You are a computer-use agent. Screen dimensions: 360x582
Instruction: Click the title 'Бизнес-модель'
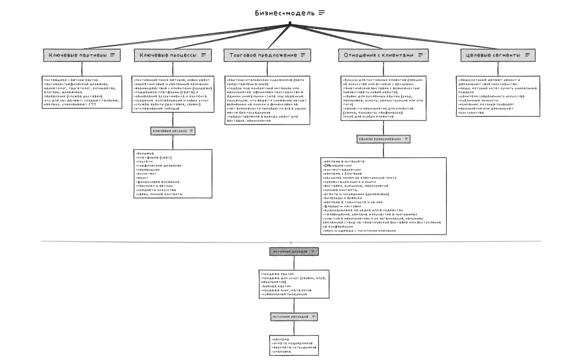pos(284,13)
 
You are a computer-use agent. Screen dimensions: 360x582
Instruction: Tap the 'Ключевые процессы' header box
pos(172,55)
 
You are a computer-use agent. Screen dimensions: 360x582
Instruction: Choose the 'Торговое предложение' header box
pos(267,55)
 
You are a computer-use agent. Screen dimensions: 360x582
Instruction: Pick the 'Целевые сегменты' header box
pos(498,55)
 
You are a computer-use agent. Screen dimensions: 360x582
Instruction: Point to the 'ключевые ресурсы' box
pos(173,131)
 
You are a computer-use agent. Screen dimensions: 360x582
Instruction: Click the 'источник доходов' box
pos(294,251)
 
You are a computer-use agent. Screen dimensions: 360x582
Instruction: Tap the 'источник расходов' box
pos(294,317)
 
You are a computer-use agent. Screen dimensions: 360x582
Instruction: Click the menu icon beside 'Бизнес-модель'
pos(321,13)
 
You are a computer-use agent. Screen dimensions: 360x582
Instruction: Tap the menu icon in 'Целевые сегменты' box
pos(527,55)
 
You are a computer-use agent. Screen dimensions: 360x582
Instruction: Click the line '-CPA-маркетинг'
pos(338,165)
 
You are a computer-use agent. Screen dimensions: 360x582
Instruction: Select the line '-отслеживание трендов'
pos(158,109)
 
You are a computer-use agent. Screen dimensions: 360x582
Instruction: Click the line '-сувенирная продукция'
pos(283,295)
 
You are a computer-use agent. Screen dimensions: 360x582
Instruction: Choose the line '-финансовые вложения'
pos(157,181)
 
